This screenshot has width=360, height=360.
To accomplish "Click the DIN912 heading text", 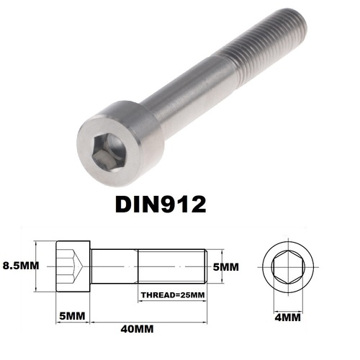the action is (x=161, y=204).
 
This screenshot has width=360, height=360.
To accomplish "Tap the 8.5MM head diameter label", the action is (x=21, y=266).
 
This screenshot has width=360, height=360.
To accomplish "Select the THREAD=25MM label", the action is (x=173, y=294).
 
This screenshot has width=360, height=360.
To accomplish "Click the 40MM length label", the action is (x=137, y=329).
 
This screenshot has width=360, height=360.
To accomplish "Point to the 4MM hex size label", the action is (x=287, y=318).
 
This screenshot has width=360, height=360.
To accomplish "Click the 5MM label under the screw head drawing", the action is (x=72, y=316).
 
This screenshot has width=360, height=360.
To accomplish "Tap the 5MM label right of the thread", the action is (x=226, y=267).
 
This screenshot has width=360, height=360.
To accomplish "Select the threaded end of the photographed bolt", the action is (x=264, y=45).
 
